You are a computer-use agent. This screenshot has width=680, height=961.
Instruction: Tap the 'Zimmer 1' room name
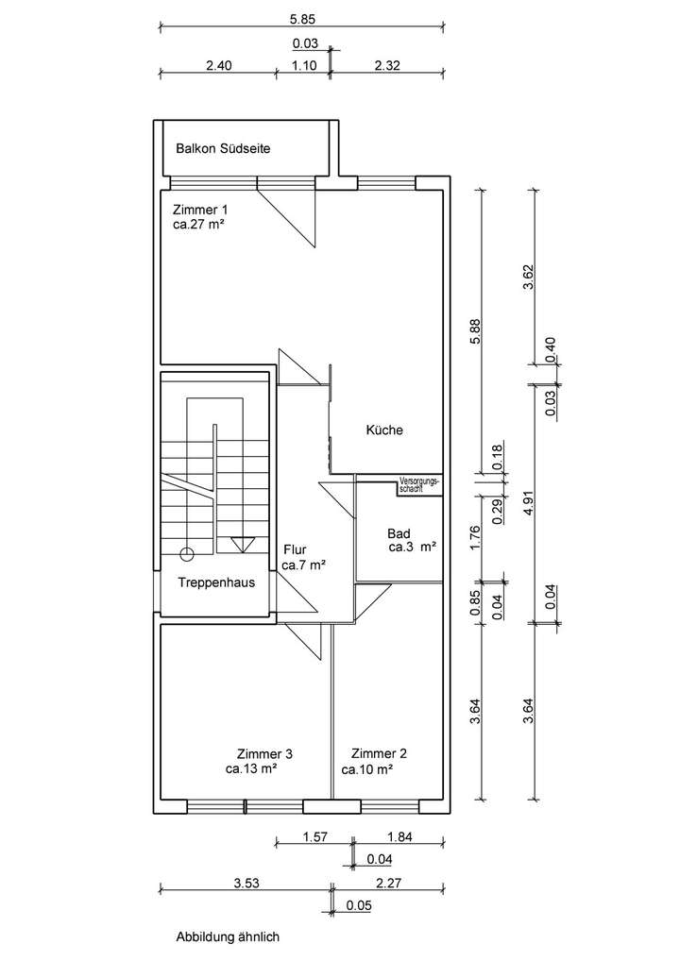tap(199, 209)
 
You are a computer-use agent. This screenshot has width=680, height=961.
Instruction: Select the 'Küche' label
tap(384, 430)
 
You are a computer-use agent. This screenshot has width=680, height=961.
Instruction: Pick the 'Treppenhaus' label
tap(216, 582)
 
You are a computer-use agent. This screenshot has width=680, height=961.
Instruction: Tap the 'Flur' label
tap(295, 548)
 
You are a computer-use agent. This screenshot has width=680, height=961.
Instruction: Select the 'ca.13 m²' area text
tap(250, 769)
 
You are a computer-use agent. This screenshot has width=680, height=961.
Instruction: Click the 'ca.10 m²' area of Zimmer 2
tap(367, 769)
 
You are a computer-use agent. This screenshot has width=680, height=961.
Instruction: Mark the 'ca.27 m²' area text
tap(197, 225)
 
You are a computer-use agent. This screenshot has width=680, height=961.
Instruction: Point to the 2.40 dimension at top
tap(218, 66)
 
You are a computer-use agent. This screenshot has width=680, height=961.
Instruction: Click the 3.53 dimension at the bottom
tap(246, 883)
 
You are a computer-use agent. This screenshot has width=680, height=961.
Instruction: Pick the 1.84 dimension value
tap(400, 836)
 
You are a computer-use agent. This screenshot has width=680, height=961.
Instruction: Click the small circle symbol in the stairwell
tap(186, 553)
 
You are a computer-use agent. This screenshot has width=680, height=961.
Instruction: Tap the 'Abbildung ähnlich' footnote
tap(228, 937)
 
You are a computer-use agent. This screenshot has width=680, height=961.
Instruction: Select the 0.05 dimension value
tap(358, 906)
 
